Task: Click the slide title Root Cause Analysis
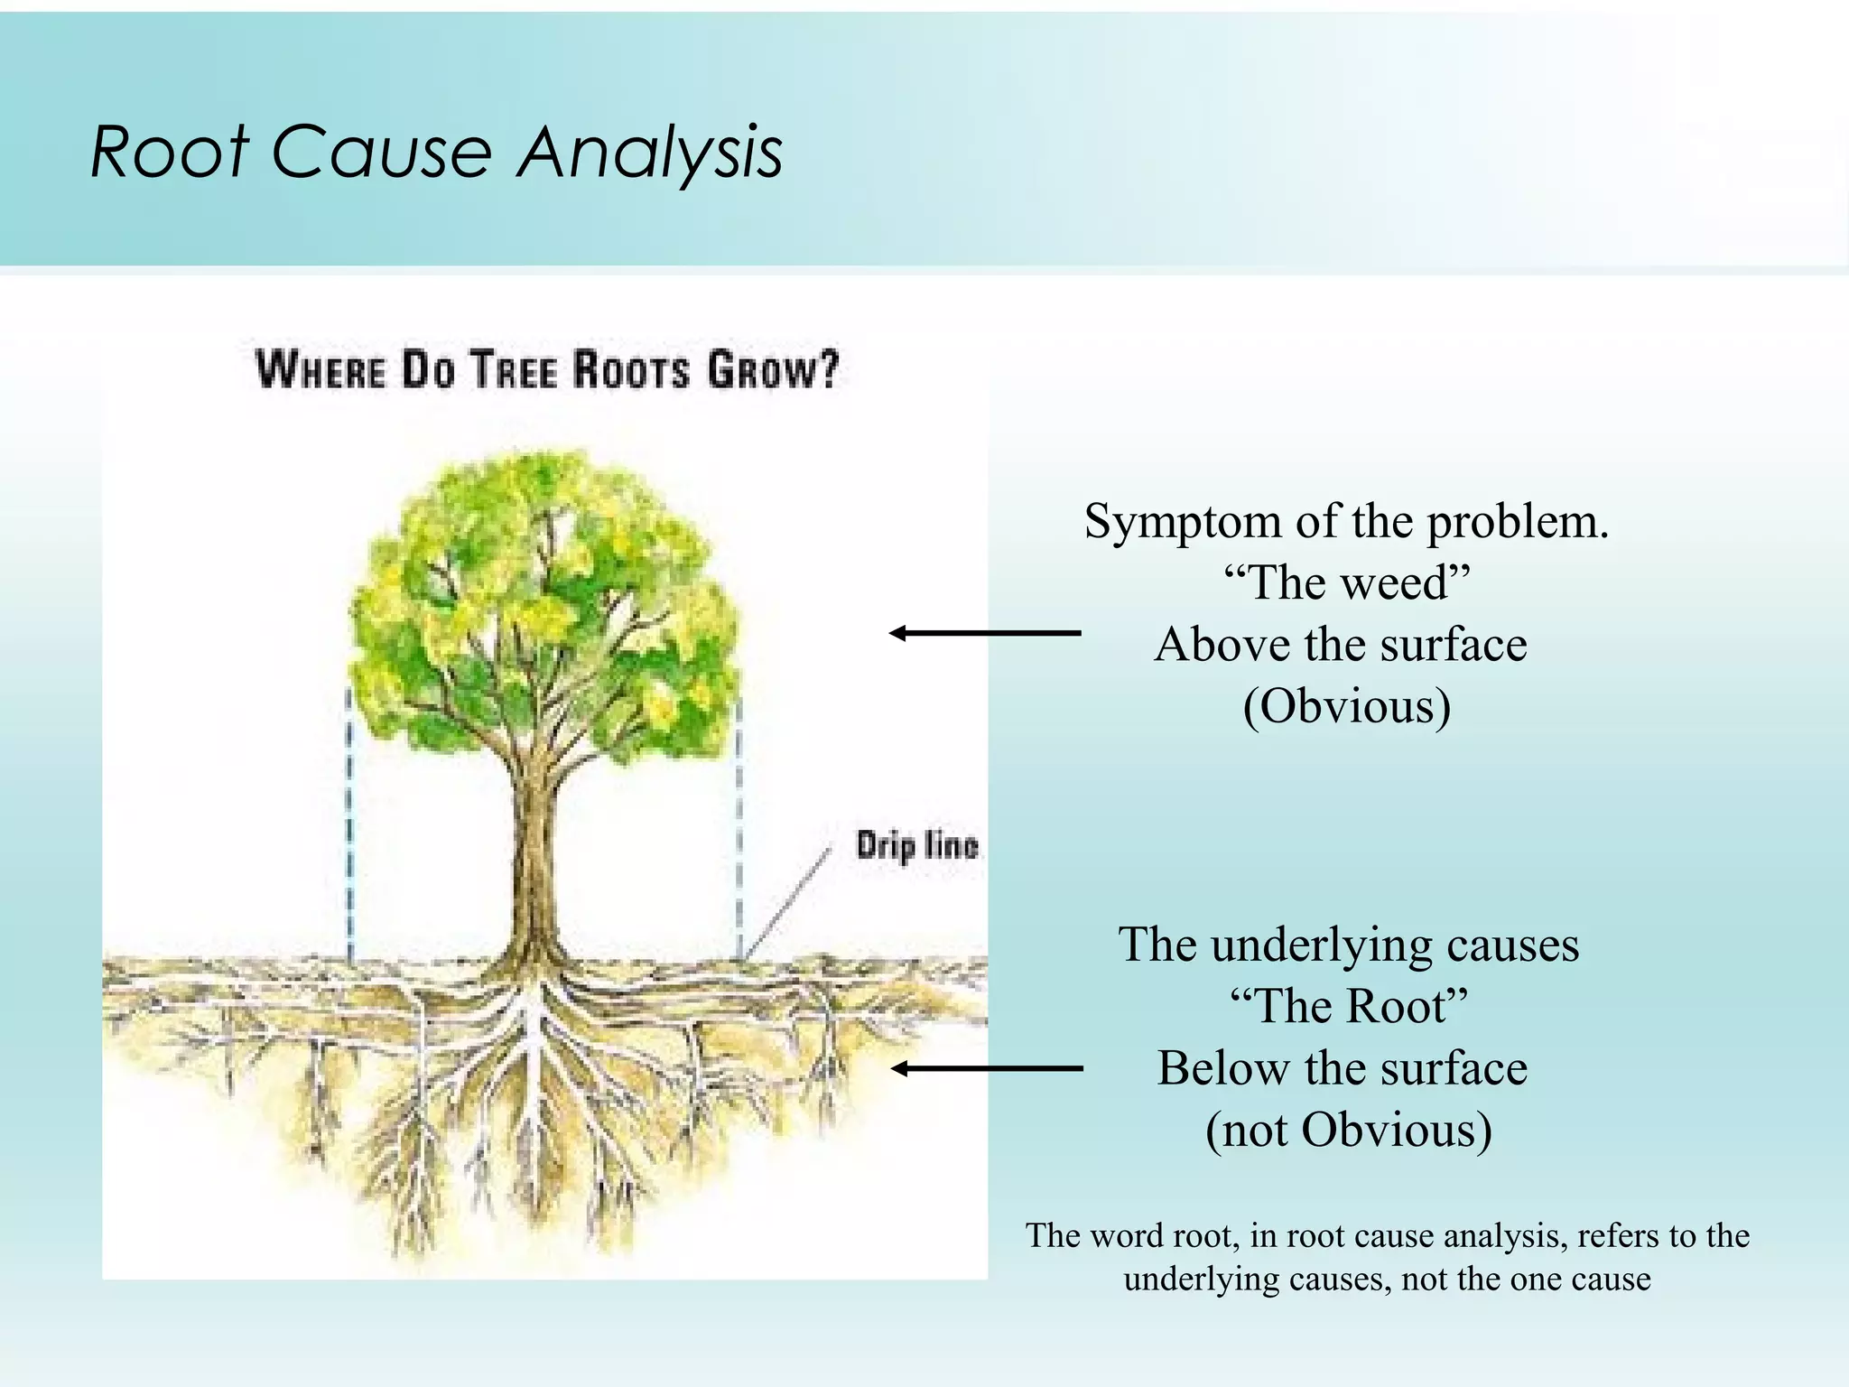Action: point(436,151)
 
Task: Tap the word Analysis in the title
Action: point(649,151)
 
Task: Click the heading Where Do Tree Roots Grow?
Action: point(547,370)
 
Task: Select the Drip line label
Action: point(916,846)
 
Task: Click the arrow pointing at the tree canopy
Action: point(984,633)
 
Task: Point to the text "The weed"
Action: point(1346,582)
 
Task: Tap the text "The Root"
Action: point(1349,1006)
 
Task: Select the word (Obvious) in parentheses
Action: point(1346,706)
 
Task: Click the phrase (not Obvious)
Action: point(1348,1130)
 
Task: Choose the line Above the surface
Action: point(1341,645)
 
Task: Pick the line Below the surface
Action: point(1343,1068)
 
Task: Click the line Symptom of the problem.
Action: point(1346,521)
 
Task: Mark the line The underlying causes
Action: point(1348,945)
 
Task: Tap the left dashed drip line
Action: point(349,822)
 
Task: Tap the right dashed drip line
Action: point(739,822)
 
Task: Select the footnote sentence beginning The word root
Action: point(1387,1257)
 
